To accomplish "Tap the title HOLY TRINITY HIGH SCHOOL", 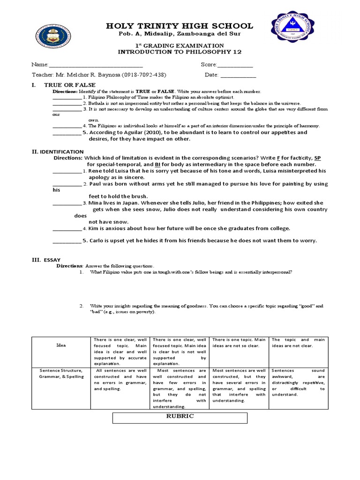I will pos(173,26).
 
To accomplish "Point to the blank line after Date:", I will pos(238,75).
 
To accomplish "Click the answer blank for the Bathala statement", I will pos(67,103).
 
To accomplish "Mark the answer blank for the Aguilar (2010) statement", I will pos(67,133).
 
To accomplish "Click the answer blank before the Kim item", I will pos(67,229).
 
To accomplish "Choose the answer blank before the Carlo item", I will pos(67,241).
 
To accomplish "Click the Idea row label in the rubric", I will pos(61,345).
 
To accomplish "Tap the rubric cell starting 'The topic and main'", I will pos(298,343).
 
